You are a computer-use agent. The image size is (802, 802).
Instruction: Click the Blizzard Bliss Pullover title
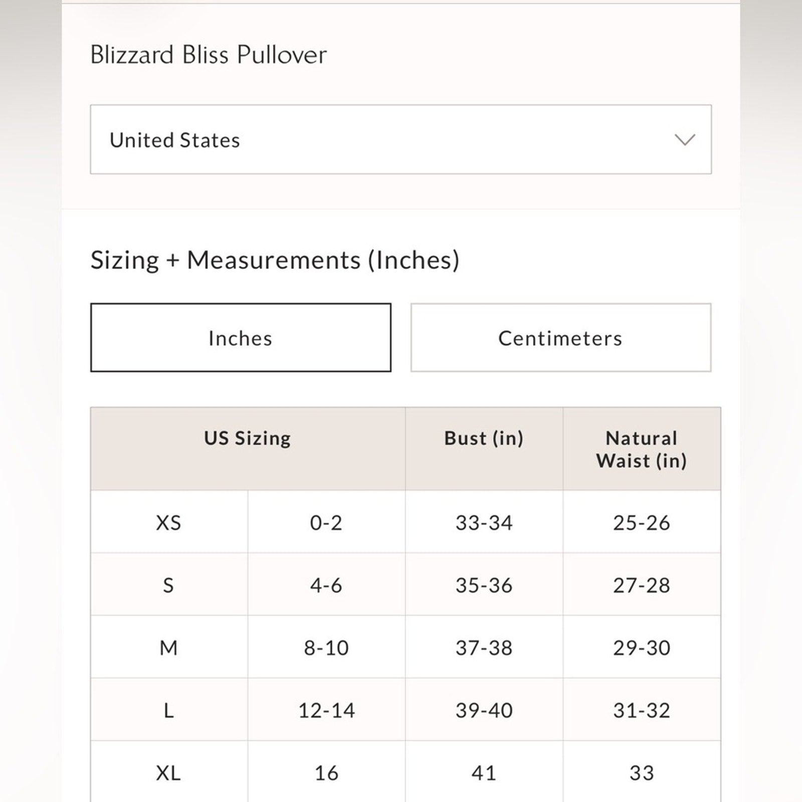tap(208, 55)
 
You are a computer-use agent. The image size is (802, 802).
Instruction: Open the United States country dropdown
tap(400, 139)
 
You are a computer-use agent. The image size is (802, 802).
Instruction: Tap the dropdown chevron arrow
tap(685, 139)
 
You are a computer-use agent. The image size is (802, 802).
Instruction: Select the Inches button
tap(241, 338)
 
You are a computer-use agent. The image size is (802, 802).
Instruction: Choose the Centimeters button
tap(560, 338)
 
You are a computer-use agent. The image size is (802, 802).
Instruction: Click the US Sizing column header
tap(247, 439)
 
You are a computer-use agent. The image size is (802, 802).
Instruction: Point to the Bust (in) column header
tap(484, 439)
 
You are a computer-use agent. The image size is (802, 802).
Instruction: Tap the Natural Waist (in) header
tap(642, 449)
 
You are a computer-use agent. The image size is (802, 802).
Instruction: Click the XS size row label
tap(168, 523)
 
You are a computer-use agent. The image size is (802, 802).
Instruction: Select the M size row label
tap(168, 648)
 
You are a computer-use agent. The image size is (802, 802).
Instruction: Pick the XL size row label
tap(168, 772)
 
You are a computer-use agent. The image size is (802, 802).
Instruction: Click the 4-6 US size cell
tap(326, 585)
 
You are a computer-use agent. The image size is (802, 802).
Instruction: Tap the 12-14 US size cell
tap(326, 710)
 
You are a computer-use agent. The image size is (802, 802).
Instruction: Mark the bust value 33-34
tap(484, 523)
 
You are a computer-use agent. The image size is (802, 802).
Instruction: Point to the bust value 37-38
tap(484, 648)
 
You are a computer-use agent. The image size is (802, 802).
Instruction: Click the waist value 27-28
tap(642, 585)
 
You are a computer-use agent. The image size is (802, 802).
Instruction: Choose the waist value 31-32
tap(642, 710)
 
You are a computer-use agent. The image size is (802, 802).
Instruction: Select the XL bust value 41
tap(484, 772)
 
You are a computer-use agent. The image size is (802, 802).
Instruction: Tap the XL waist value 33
tap(642, 772)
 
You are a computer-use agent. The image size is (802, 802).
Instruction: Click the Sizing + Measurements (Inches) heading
tap(275, 260)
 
